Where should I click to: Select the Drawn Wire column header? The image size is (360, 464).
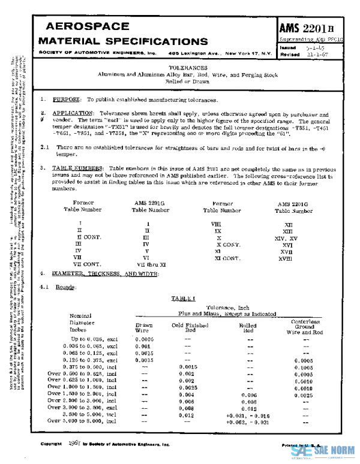click(x=144, y=327)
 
